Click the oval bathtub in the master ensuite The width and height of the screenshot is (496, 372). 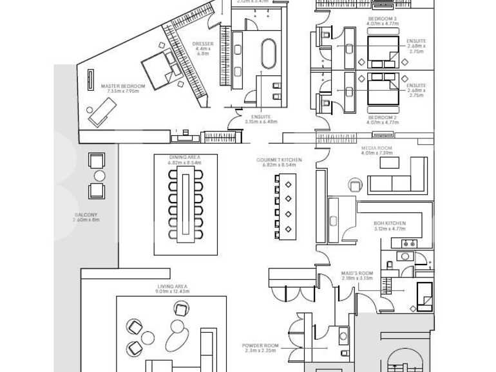(x=267, y=54)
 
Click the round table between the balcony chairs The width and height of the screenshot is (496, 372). (x=99, y=176)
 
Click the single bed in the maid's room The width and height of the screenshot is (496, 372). (x=425, y=296)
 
